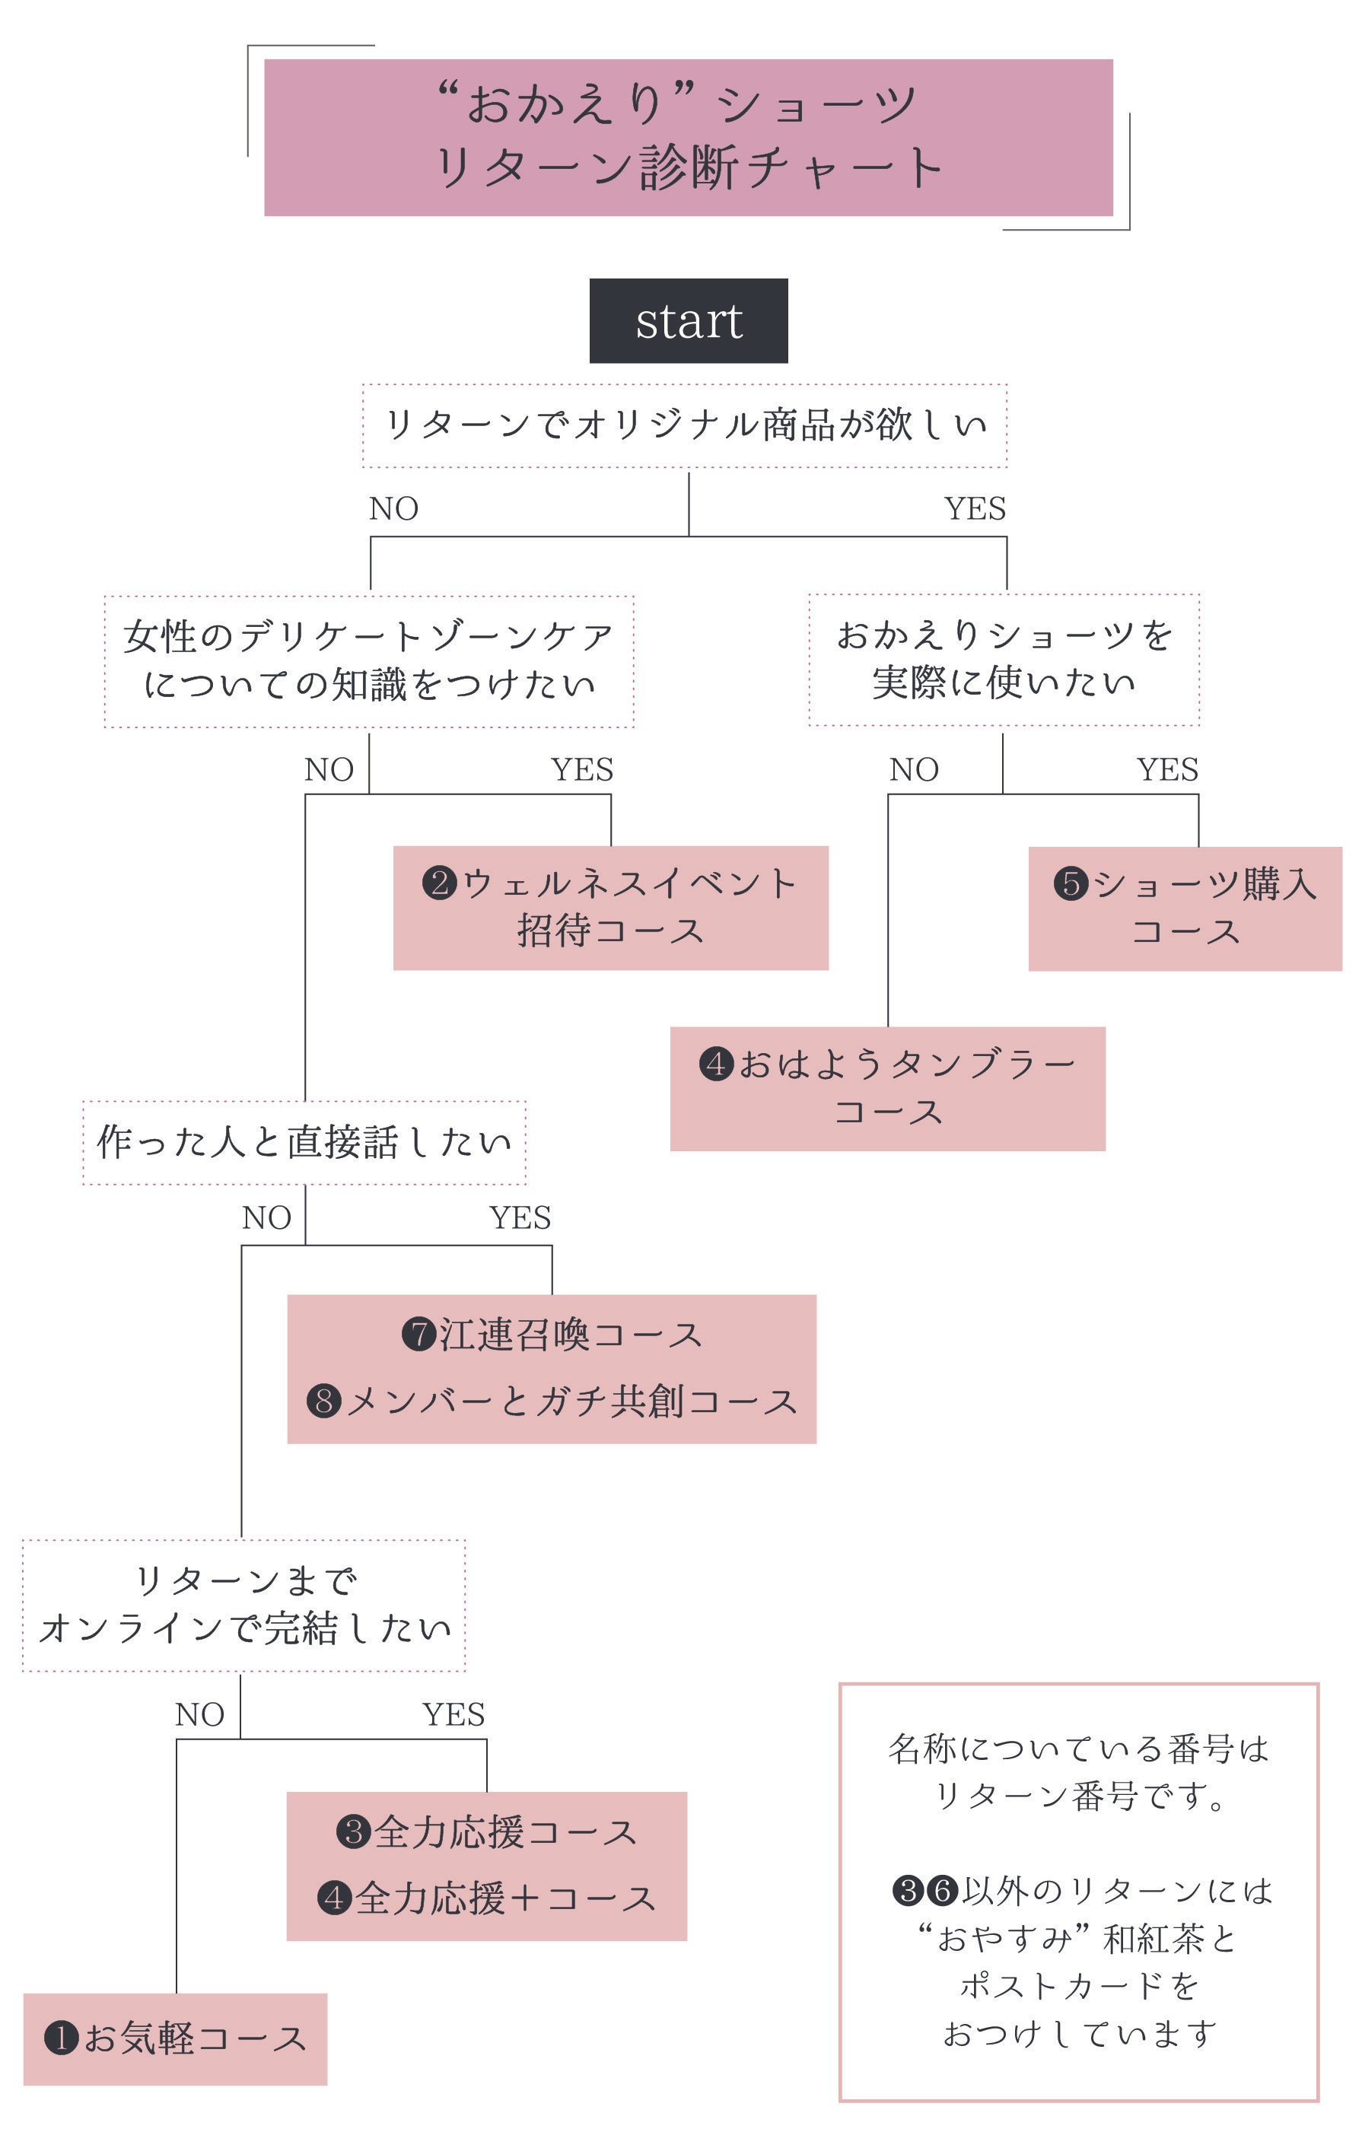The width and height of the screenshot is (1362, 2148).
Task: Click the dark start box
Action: pyautogui.click(x=688, y=320)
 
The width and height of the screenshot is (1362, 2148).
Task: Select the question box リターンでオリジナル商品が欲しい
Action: pyautogui.click(x=684, y=425)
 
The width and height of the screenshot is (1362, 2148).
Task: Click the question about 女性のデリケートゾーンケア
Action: pyautogui.click(x=368, y=660)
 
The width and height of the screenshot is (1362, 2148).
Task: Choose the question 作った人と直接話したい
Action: pyautogui.click(x=304, y=1142)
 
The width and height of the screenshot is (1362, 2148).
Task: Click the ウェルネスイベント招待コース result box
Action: pyautogui.click(x=610, y=907)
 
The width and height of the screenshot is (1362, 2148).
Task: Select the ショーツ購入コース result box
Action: pyautogui.click(x=1185, y=908)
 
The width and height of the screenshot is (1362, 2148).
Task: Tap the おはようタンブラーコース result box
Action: pyautogui.click(x=887, y=1088)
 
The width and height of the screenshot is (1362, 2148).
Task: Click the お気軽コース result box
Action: pyautogui.click(x=175, y=2038)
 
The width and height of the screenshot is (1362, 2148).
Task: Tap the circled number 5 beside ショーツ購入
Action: pyautogui.click(x=1071, y=884)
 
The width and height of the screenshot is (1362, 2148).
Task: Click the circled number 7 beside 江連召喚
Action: pyautogui.click(x=418, y=1335)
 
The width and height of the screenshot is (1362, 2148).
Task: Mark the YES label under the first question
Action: pyautogui.click(x=974, y=508)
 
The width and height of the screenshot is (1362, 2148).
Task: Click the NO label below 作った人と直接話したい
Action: pyautogui.click(x=266, y=1217)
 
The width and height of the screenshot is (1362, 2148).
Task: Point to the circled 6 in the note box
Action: pyautogui.click(x=941, y=1890)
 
